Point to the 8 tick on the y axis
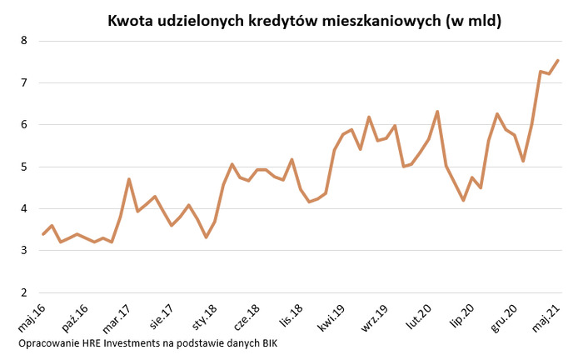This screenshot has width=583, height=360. click(x=23, y=40)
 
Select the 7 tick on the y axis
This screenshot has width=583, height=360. click(x=23, y=82)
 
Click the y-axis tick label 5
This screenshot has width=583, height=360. click(x=23, y=167)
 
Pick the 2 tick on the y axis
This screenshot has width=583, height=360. click(x=23, y=292)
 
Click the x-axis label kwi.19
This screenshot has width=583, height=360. click(x=331, y=320)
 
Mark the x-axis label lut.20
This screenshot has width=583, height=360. click(x=416, y=319)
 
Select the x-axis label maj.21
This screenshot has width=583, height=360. click(x=545, y=318)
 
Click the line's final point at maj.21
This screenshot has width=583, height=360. click(x=557, y=60)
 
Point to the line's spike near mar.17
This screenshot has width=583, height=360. click(x=129, y=178)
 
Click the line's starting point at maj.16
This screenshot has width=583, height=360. click(x=43, y=234)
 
